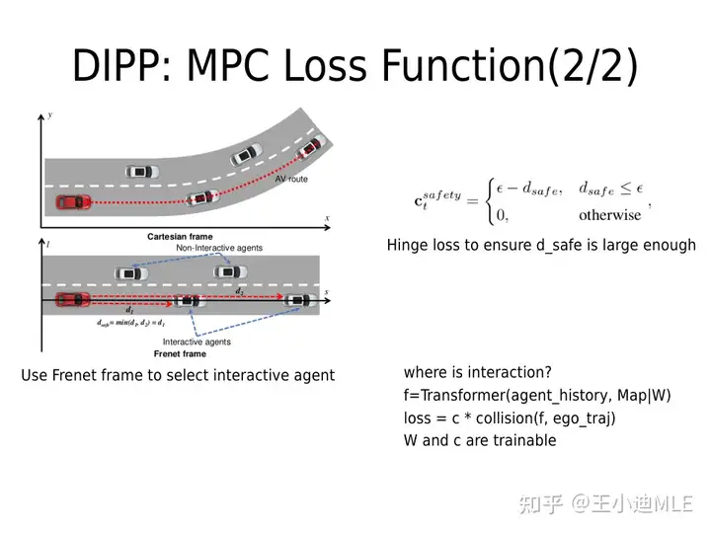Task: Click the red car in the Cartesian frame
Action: [73, 201]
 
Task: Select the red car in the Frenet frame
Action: [72, 300]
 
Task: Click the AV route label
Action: [291, 179]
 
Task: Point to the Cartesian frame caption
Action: [180, 237]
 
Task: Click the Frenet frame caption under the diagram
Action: [180, 354]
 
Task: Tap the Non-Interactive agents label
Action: [219, 248]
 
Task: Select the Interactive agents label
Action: [197, 342]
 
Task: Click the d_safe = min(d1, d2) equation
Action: [130, 323]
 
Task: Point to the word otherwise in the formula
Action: [610, 215]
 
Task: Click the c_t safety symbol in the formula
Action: [437, 199]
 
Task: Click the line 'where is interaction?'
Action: [478, 372]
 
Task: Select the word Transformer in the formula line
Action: [462, 395]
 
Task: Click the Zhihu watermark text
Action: [605, 504]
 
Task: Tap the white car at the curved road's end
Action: [311, 146]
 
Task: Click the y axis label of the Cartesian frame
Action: [50, 115]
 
